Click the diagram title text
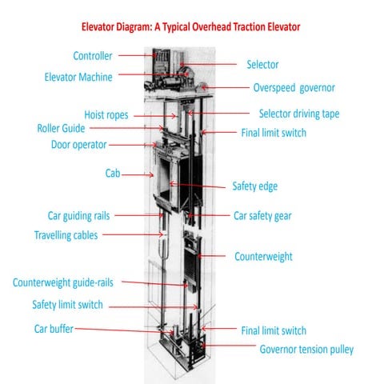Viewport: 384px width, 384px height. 191,27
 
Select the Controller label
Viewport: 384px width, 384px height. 93,56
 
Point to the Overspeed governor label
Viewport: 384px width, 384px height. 294,87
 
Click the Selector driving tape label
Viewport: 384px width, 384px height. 299,114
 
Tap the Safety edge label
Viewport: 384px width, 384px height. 255,186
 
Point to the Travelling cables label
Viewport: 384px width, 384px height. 66,235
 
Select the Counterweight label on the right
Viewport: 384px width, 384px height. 263,257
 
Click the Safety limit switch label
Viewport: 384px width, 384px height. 78,305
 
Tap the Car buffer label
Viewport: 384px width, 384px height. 54,328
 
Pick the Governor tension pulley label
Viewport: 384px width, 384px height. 306,349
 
